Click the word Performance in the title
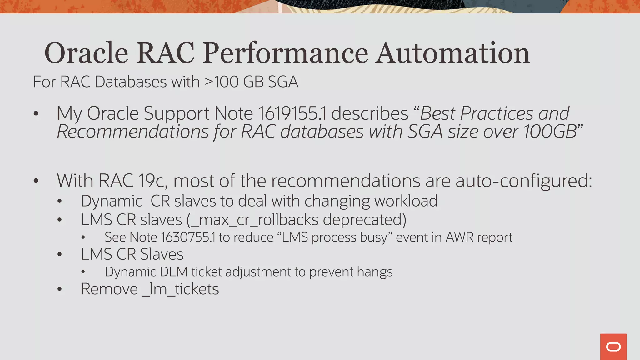point(286,53)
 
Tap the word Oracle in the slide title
point(86,53)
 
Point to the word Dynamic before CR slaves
point(112,201)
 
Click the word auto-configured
point(523,181)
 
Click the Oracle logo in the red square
point(613,347)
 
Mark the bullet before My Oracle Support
point(36,113)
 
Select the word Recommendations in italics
point(133,132)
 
